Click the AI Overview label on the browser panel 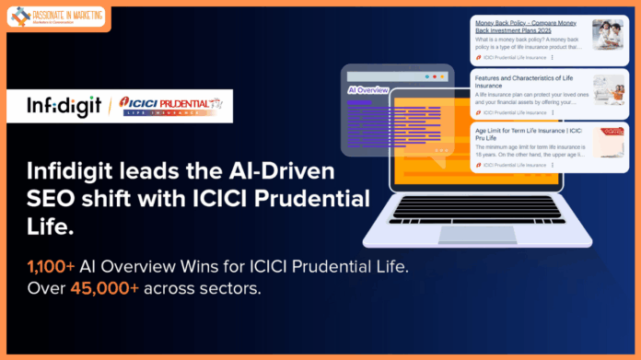click(367, 90)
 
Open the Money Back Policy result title click(528, 25)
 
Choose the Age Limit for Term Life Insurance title click(528, 135)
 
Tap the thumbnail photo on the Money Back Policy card click(609, 35)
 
